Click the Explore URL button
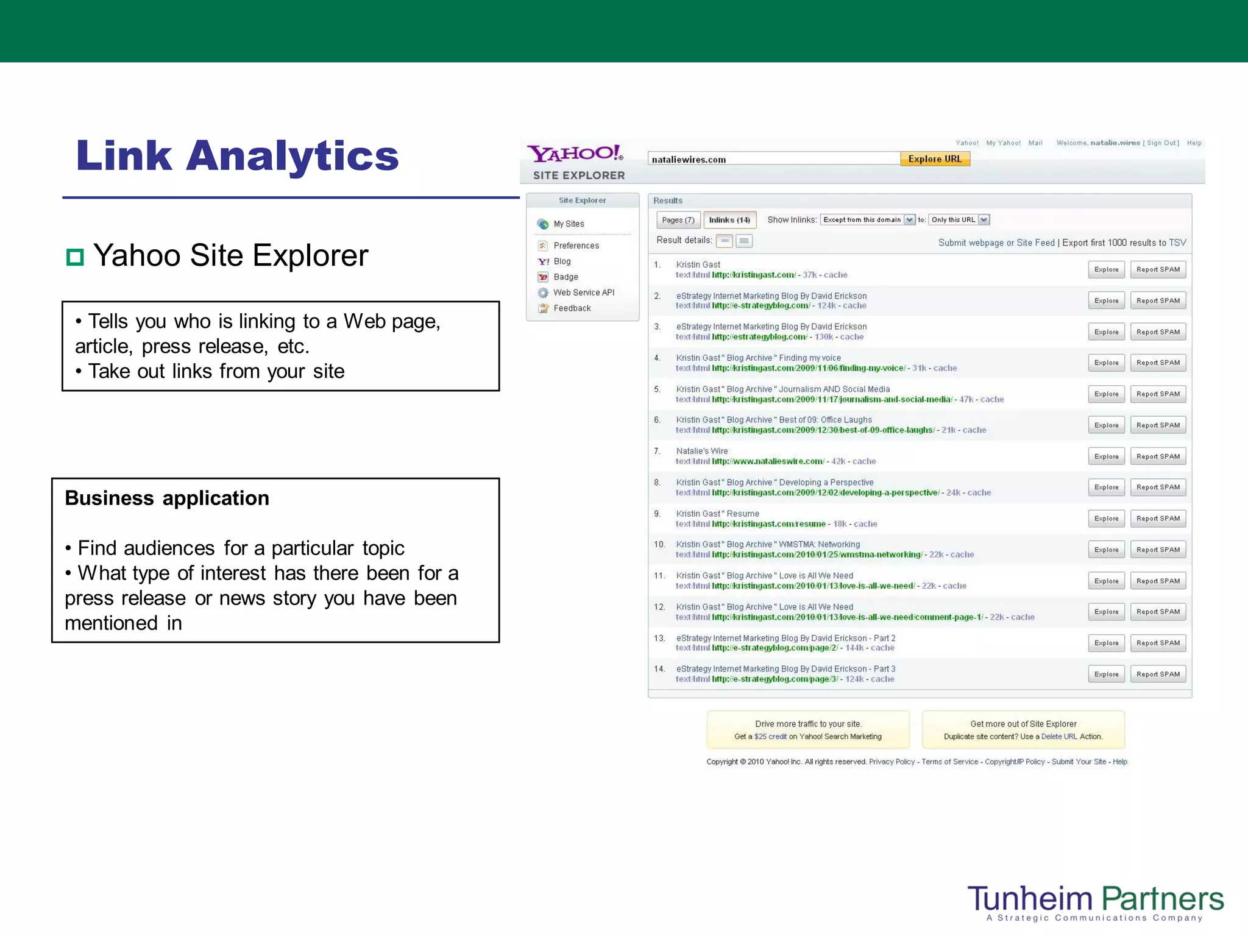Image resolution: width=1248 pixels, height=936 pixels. tap(935, 159)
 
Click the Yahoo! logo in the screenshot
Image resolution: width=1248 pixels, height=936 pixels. tap(575, 153)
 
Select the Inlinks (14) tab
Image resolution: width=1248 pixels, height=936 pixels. tap(729, 220)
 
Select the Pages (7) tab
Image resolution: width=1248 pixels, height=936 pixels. tap(678, 220)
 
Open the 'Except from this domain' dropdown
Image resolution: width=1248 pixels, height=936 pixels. tap(868, 220)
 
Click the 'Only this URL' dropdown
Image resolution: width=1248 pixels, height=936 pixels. tap(959, 220)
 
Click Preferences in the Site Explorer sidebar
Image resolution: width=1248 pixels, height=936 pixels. tap(576, 246)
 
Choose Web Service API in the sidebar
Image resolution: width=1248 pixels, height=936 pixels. tap(583, 292)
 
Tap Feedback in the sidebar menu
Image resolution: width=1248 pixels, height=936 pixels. tap(572, 308)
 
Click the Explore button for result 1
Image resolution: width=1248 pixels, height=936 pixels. tap(1106, 269)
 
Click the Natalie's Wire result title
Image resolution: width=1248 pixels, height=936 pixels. tap(701, 451)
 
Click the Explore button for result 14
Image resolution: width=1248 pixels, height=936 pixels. tap(1106, 674)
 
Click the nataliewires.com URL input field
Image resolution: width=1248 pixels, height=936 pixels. tap(773, 159)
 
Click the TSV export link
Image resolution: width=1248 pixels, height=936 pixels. tap(1177, 243)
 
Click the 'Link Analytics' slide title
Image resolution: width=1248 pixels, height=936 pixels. tap(237, 156)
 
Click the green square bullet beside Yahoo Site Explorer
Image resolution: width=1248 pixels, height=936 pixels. tap(74, 257)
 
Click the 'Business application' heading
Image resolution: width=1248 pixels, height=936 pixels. tap(167, 498)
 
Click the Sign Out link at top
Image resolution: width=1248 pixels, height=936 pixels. tap(1161, 143)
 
